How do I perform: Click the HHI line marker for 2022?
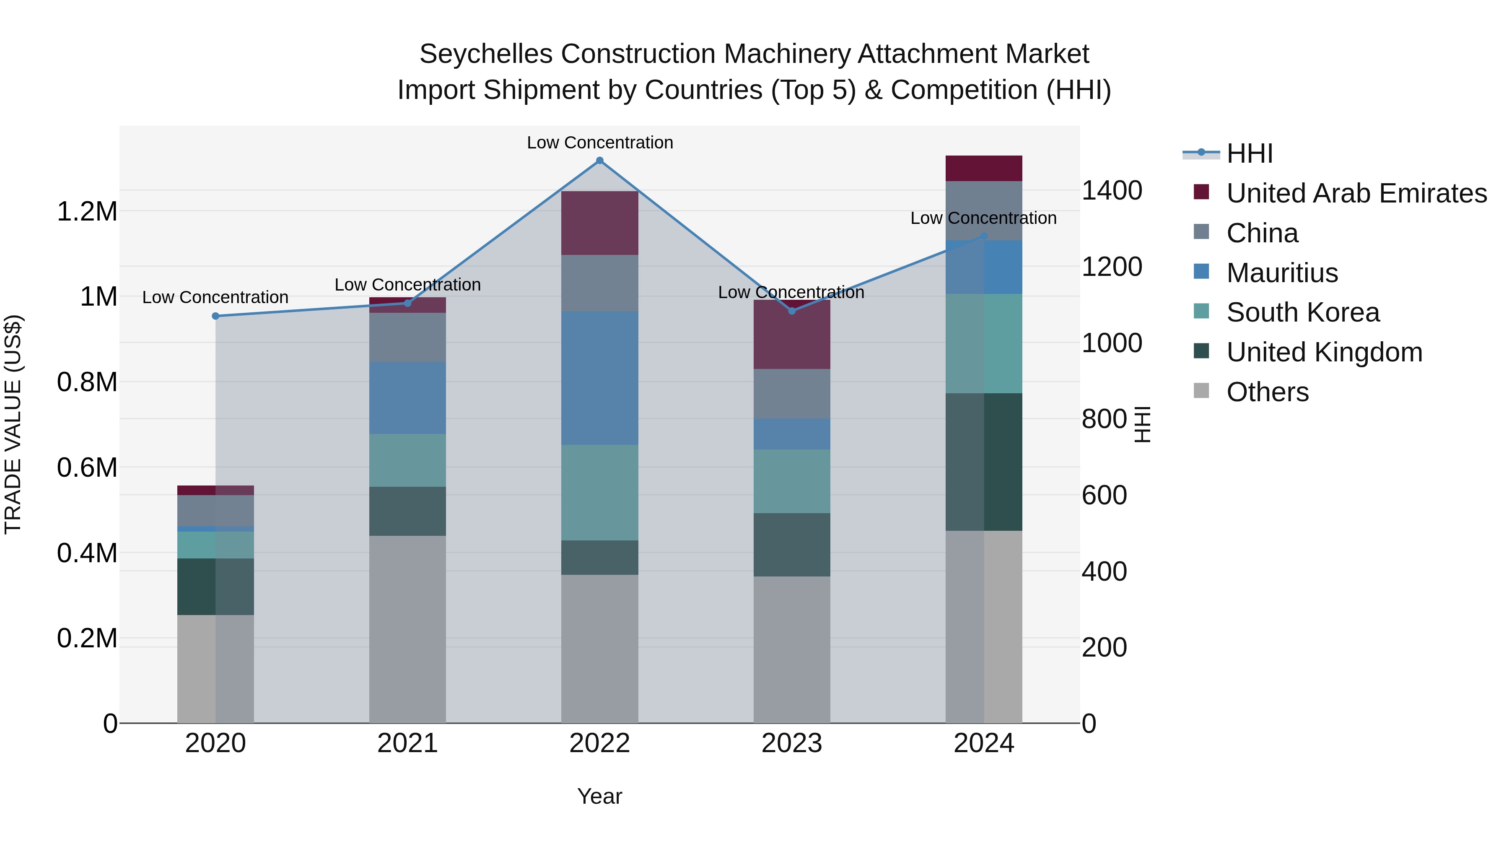point(599,161)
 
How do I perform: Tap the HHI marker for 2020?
point(215,317)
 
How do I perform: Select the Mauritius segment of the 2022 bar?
point(599,378)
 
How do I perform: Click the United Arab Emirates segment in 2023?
point(791,335)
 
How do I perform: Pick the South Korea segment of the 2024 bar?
point(983,343)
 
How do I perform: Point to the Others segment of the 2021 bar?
point(407,629)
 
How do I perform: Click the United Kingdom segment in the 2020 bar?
point(215,587)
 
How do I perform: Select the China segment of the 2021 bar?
point(407,338)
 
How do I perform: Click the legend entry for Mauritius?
point(1282,273)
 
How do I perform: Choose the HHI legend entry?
point(1249,153)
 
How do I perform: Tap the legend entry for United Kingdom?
point(1324,352)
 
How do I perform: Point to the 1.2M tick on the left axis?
point(87,212)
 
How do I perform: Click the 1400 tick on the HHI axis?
point(1111,191)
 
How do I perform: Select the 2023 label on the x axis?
point(791,743)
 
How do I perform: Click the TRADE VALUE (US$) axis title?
point(13,424)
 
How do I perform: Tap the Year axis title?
point(599,796)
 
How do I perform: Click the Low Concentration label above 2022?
point(600,143)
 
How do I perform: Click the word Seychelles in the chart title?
point(486,54)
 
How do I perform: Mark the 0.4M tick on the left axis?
point(87,553)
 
